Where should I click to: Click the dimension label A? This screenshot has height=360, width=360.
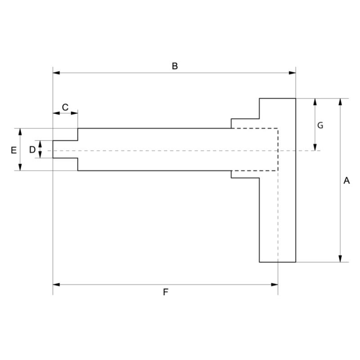coord(346,180)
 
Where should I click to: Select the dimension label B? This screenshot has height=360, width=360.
coord(175,66)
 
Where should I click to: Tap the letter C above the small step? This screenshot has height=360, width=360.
coord(65,107)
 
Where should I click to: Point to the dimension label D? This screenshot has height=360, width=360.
coord(32,149)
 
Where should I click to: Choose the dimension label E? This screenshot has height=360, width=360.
coord(13,149)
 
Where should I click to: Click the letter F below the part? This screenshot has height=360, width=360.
coord(165,292)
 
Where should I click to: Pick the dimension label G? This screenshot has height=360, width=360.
coord(320,126)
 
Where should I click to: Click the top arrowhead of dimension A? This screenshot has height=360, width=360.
coord(340,101)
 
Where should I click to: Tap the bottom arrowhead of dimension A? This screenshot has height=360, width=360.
coord(340,259)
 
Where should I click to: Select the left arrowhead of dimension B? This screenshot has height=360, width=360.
coord(56,72)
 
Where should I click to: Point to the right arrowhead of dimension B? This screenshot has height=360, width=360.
coord(292,72)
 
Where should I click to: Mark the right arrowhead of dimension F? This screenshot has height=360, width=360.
coord(274,284)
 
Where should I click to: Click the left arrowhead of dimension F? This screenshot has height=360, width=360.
coord(56,284)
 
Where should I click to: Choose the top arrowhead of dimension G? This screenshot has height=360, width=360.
coord(315,101)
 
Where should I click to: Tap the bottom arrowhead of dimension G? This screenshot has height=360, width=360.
coord(315,148)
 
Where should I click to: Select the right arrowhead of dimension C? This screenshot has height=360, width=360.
coord(75,112)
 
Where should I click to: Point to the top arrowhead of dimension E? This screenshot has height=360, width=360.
coord(20,131)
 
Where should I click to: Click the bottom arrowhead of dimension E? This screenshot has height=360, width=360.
coord(20,168)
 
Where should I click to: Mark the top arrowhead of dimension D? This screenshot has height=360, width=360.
coord(40,143)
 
